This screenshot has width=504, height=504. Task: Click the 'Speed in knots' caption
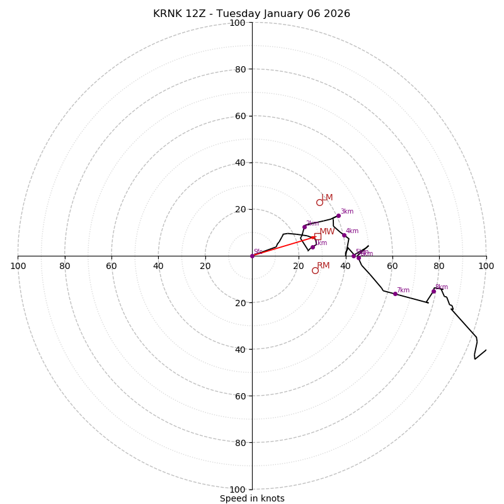pyautogui.click(x=252, y=498)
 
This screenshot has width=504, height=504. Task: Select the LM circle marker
pyautogui.click(x=319, y=202)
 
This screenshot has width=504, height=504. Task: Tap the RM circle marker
pyautogui.click(x=315, y=270)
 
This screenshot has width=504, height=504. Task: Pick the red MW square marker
pyautogui.click(x=318, y=236)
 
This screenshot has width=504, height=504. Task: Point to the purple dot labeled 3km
pyautogui.click(x=338, y=215)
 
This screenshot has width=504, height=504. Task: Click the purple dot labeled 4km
pyautogui.click(x=344, y=235)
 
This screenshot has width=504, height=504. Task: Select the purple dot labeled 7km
pyautogui.click(x=395, y=294)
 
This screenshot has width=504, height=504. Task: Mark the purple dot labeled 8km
pyautogui.click(x=433, y=291)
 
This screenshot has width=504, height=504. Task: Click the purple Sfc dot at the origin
pyautogui.click(x=252, y=256)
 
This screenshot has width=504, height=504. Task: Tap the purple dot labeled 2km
pyautogui.click(x=304, y=227)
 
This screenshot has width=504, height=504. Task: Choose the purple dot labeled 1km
pyautogui.click(x=312, y=247)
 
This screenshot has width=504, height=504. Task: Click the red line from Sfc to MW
pyautogui.click(x=283, y=246)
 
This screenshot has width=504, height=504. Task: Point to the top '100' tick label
pyautogui.click(x=238, y=23)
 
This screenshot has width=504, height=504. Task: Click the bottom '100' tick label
pyautogui.click(x=238, y=490)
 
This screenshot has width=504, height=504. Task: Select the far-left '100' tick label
pyautogui.click(x=18, y=266)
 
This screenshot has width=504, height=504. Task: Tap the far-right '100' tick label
pyautogui.click(x=486, y=266)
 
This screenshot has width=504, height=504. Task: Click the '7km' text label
pyautogui.click(x=403, y=290)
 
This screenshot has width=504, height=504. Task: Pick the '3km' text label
pyautogui.click(x=347, y=212)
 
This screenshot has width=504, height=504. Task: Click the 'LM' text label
pyautogui.click(x=327, y=198)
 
